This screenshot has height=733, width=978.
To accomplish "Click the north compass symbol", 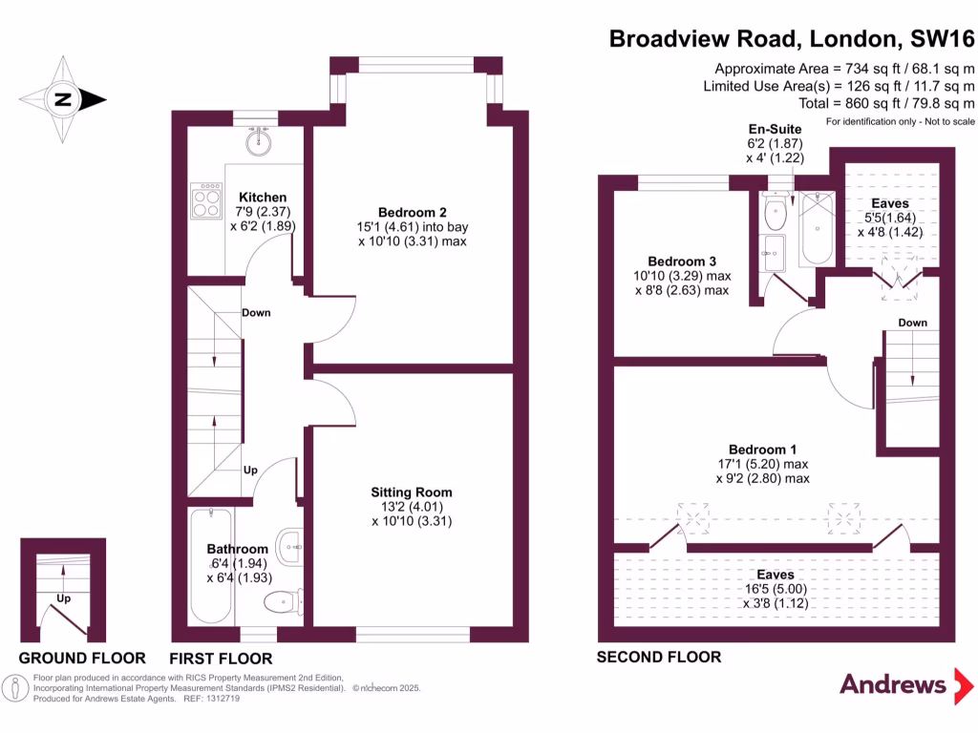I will (63, 98).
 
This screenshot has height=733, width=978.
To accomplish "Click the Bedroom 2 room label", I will (412, 212).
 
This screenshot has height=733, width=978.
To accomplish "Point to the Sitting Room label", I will (412, 492).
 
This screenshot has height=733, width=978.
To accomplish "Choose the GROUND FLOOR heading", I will (83, 659).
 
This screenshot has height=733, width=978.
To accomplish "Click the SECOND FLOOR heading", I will (659, 657).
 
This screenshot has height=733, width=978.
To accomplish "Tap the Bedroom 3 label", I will (682, 262).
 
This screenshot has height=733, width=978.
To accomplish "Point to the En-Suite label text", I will (775, 129).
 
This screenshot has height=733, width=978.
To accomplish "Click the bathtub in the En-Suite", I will (817, 230).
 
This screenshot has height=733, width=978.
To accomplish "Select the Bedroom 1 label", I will (762, 450).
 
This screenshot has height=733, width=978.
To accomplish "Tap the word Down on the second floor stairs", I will (912, 323).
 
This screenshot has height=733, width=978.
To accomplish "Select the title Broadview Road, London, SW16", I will (792, 39).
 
